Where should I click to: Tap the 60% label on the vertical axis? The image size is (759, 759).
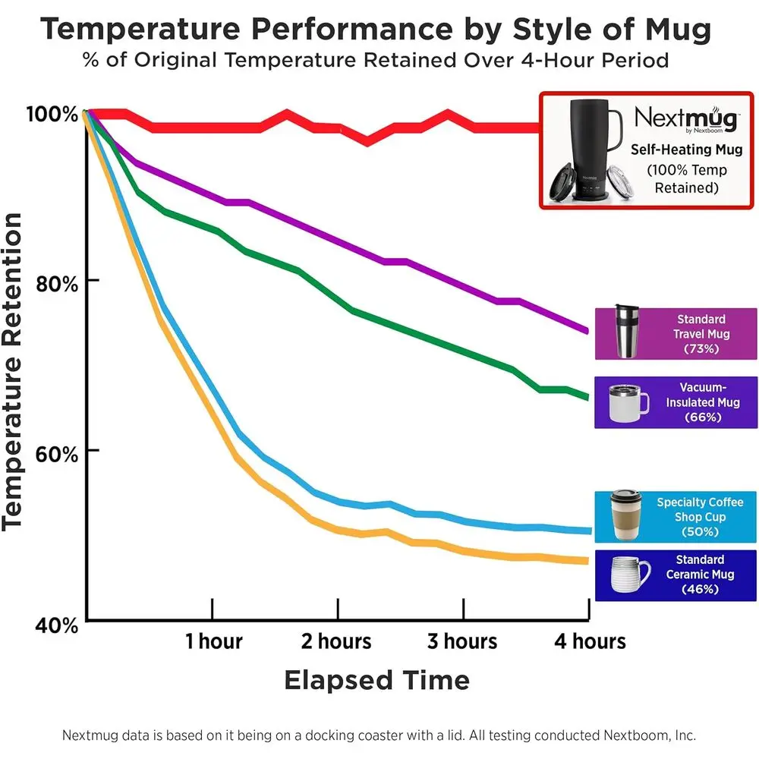coord(58,455)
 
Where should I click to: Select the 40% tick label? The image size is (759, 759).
coord(58,625)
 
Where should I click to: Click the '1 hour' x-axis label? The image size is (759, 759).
coord(213,641)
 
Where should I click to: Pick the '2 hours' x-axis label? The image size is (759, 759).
coord(336,641)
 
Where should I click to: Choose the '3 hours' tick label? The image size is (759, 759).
coord(461,641)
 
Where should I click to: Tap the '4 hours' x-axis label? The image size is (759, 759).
coord(589,641)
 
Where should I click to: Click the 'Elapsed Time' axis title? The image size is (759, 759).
coord(376,680)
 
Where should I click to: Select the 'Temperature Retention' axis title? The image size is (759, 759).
coord(15,371)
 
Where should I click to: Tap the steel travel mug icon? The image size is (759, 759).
coord(627,332)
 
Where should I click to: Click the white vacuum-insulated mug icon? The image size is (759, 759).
coord(628,402)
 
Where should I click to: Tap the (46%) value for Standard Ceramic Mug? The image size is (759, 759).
coord(700,589)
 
